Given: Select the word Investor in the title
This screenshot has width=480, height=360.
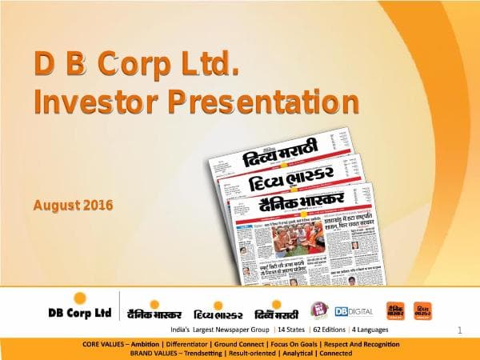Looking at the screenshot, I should point(87,102).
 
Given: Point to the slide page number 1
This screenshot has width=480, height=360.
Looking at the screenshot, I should point(460,330).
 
